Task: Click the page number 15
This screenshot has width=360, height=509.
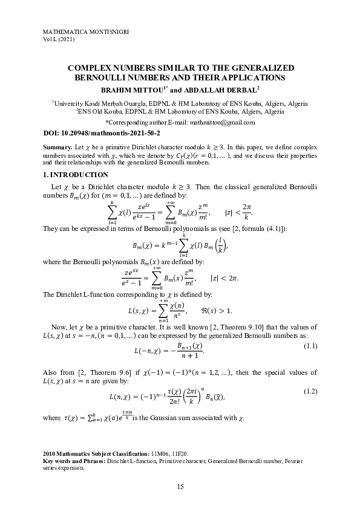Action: pos(180,487)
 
